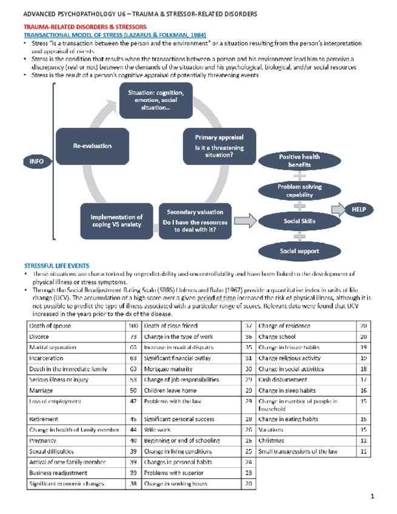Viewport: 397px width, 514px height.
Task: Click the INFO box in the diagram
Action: pos(36,161)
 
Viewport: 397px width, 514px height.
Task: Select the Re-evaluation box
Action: pos(92,146)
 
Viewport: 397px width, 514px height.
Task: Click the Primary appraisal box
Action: pos(219,146)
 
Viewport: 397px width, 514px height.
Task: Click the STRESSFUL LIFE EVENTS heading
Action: pos(56,265)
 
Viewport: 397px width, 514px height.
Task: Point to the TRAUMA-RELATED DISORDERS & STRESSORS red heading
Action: pos(84,27)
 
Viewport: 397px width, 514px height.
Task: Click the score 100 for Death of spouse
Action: pos(134,326)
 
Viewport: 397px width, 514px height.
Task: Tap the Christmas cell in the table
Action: pos(271,441)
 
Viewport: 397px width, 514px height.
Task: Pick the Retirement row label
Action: pos(44,419)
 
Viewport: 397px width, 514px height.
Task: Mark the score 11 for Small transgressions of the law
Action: pos(364,452)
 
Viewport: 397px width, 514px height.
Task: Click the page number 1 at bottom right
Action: pos(373,497)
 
